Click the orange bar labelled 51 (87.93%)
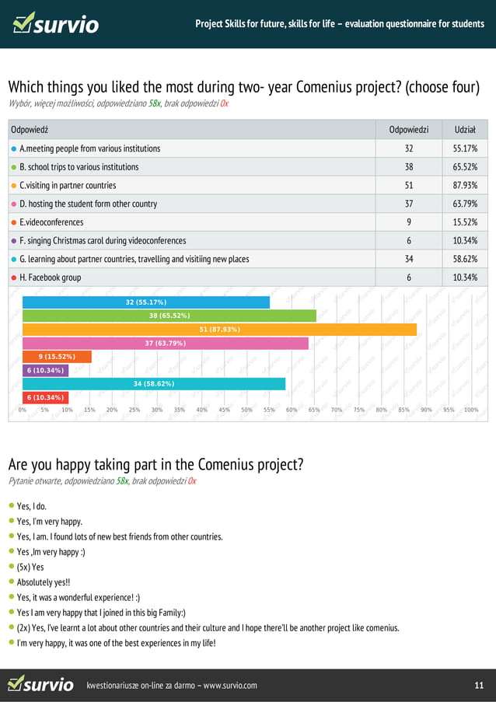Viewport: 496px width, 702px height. (219, 330)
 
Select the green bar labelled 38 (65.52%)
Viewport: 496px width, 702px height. (169, 316)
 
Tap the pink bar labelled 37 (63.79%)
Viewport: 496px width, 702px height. (166, 343)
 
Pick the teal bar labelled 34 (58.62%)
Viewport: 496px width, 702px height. (154, 383)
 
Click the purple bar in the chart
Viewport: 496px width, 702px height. (45, 370)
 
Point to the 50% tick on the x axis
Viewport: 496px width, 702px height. (247, 410)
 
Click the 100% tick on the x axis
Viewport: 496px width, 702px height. (470, 410)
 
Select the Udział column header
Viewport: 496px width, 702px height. (465, 129)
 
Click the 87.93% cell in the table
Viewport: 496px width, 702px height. (465, 185)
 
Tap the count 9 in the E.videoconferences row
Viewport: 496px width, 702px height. (409, 222)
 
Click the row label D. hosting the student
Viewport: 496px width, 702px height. (88, 204)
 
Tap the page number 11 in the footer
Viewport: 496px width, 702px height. (479, 685)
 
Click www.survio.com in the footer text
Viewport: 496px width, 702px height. (230, 685)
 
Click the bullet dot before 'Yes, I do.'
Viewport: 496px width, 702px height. (12, 506)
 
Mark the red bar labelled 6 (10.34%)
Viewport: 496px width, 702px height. (45, 397)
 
